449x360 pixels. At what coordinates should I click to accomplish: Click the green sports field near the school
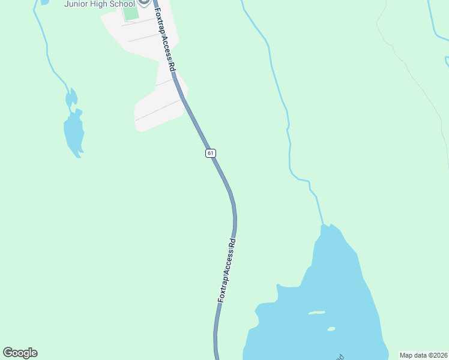(130, 13)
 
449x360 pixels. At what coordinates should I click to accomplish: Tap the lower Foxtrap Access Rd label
(226, 270)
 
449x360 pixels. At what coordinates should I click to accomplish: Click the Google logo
(20, 353)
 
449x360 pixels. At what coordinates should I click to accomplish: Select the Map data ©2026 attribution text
(423, 355)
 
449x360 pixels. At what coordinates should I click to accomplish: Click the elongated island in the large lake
(316, 313)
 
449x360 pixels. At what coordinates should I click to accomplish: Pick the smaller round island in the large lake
(331, 329)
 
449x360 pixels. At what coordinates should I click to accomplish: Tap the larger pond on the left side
(74, 133)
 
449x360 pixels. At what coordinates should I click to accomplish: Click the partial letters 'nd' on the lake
(340, 357)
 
